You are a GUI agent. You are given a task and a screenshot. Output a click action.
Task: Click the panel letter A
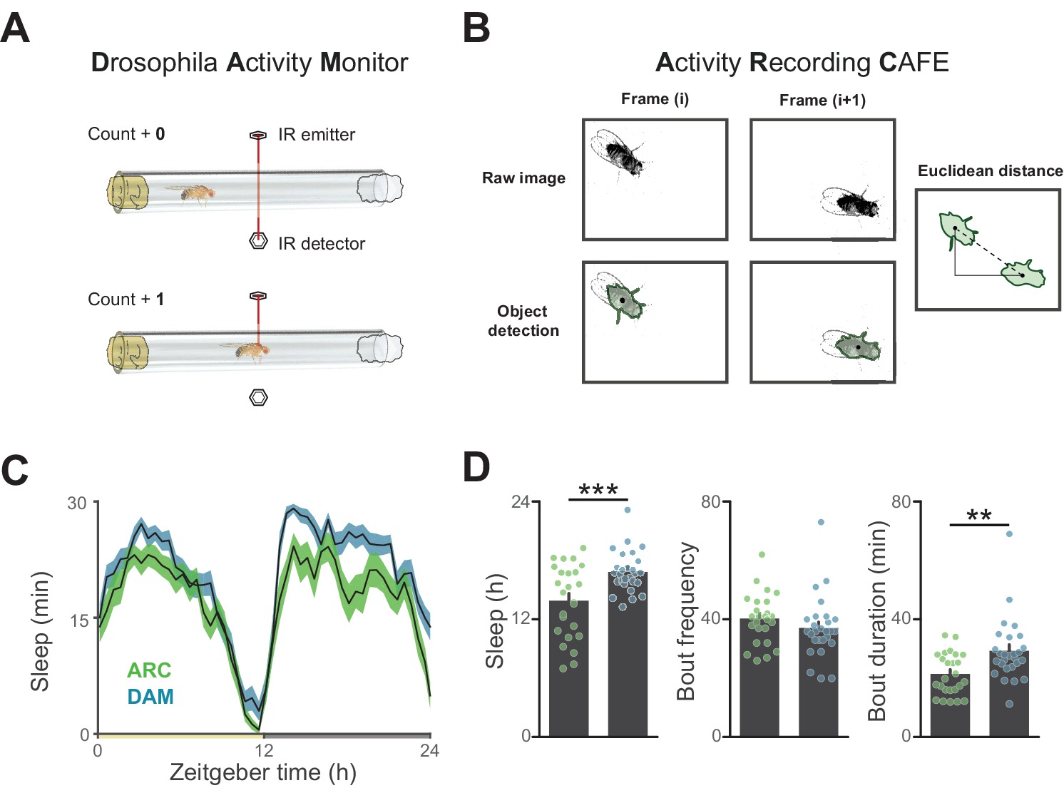click(16, 29)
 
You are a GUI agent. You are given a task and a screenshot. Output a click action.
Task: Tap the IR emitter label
click(316, 135)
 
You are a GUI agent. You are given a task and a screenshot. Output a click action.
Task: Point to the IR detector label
click(321, 244)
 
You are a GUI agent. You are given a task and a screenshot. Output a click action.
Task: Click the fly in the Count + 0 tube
click(190, 193)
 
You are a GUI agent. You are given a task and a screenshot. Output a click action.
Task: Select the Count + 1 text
click(126, 300)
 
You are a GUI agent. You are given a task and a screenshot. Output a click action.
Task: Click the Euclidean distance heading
click(990, 171)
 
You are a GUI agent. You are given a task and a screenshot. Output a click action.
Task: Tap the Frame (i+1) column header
click(822, 100)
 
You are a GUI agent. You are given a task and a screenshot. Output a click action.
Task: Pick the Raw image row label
click(523, 178)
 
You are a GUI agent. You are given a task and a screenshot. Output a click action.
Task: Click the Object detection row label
click(523, 321)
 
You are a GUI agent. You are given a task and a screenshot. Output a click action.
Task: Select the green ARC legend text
click(149, 670)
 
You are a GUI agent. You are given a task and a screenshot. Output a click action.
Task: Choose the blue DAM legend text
click(150, 697)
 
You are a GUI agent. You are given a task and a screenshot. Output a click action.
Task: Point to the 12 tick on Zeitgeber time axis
click(264, 750)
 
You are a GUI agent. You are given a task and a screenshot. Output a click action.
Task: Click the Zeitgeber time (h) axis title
click(262, 772)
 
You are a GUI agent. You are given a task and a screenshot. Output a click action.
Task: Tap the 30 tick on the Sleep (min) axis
click(77, 503)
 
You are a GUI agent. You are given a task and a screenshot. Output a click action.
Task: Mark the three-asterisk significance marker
click(598, 491)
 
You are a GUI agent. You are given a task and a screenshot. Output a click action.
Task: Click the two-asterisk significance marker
click(979, 516)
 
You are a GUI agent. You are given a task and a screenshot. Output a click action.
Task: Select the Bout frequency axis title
click(685, 621)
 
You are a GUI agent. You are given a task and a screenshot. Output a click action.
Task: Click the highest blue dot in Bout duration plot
click(1009, 533)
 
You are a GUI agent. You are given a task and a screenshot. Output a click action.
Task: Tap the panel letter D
click(476, 468)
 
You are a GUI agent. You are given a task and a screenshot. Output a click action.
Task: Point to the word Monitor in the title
click(364, 63)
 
